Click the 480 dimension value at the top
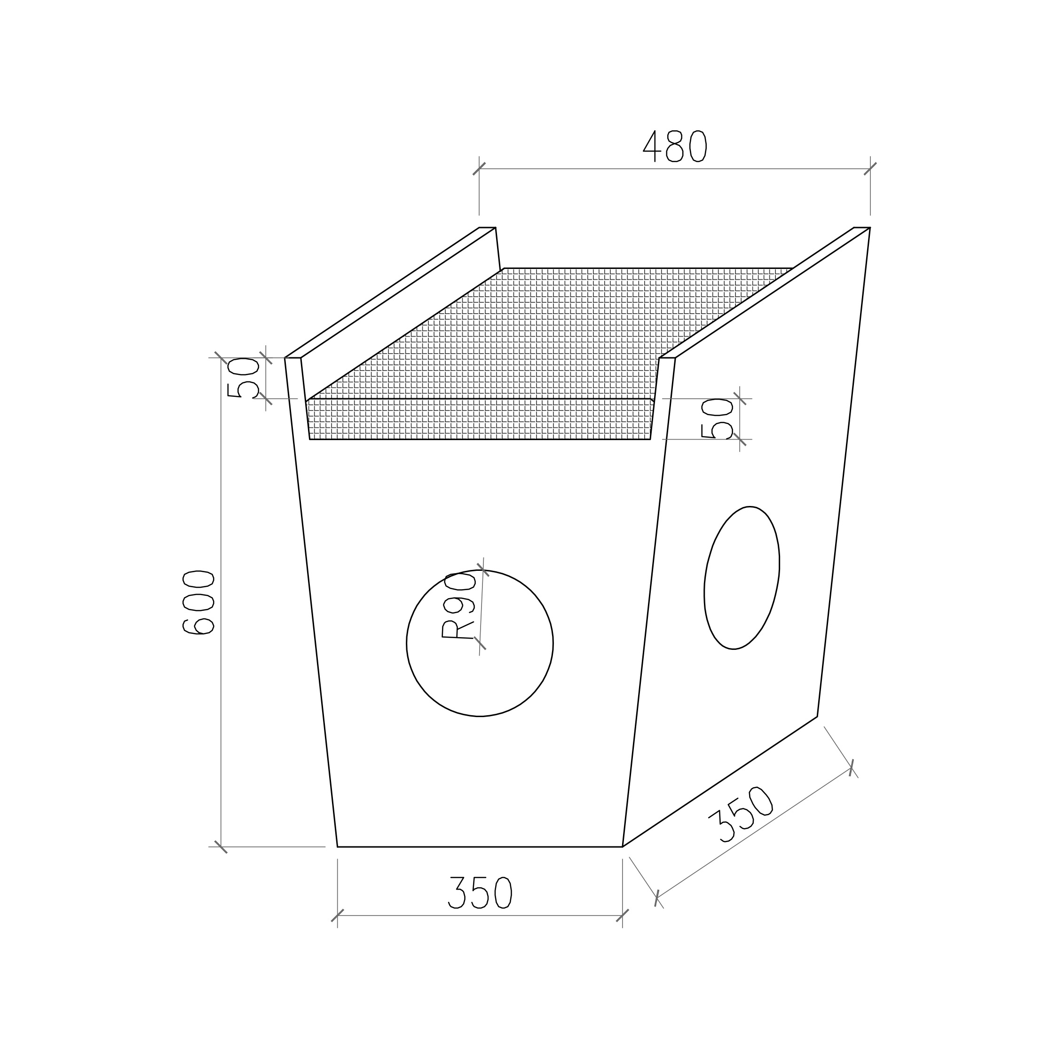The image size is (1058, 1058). point(674,146)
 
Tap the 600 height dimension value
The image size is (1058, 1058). point(198,602)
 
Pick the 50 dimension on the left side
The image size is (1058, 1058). point(243,378)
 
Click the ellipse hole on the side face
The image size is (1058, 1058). point(742,578)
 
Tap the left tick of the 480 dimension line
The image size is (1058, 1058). point(479,169)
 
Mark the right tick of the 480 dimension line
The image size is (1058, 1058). point(870,169)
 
